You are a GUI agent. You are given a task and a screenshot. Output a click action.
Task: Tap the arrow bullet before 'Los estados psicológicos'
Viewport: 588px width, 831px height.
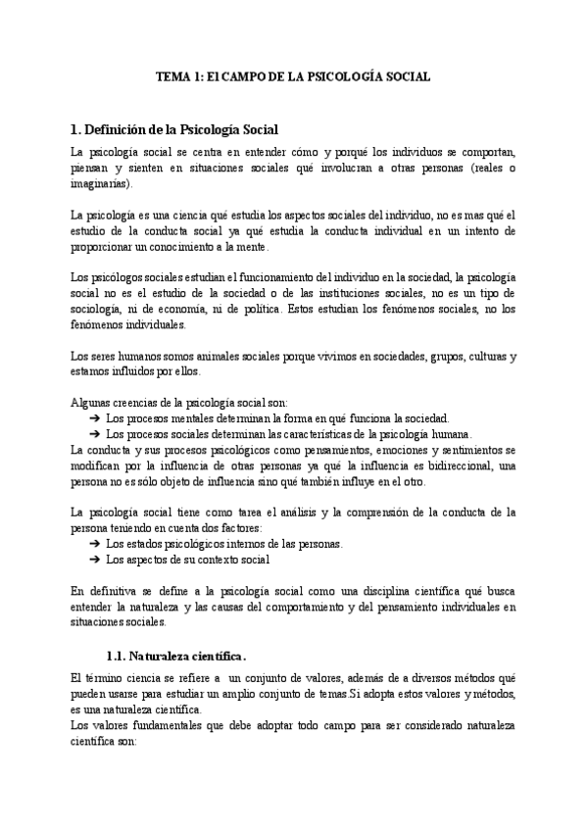pyautogui.click(x=94, y=544)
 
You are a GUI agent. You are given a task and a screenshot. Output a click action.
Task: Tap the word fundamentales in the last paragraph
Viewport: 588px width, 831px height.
pyautogui.click(x=168, y=726)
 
